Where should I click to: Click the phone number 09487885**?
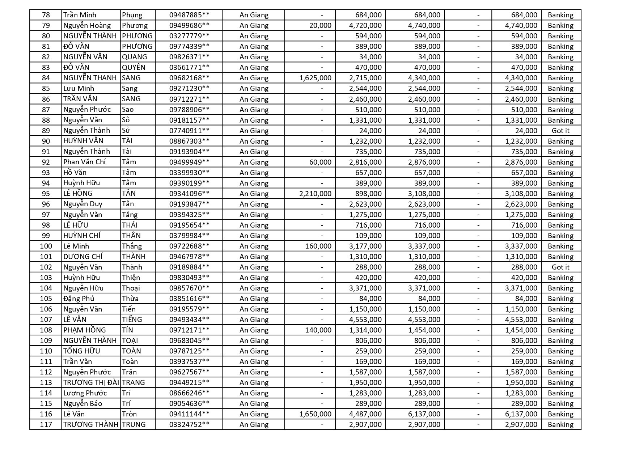click(189, 15)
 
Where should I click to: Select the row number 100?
click(46, 246)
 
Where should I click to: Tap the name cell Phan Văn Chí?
click(84, 162)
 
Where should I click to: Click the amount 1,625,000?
click(315, 78)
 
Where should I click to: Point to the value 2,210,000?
click(315, 194)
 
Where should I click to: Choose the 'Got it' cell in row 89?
click(560, 131)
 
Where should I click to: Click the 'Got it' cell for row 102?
click(560, 267)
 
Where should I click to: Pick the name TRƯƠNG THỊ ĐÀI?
click(91, 382)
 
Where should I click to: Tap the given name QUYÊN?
click(134, 67)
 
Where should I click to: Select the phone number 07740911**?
click(189, 131)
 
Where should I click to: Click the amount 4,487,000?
click(365, 414)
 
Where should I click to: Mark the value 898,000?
click(368, 194)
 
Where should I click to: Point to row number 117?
click(46, 424)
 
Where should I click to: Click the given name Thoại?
click(131, 288)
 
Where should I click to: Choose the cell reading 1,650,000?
click(315, 414)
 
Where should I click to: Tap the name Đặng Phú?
click(79, 298)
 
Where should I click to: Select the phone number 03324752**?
click(189, 424)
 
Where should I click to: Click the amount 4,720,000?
click(365, 25)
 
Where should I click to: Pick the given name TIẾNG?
click(132, 319)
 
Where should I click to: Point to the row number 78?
click(46, 15)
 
